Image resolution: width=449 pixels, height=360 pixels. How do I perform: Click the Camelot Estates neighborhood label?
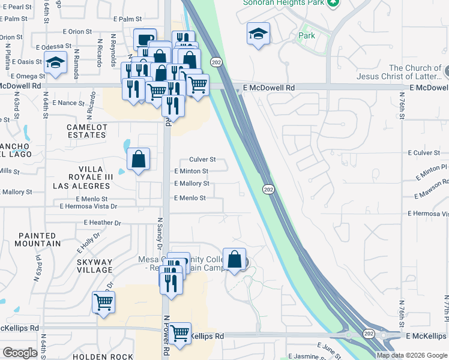click(86, 131)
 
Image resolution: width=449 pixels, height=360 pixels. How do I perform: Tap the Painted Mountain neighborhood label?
click(39, 240)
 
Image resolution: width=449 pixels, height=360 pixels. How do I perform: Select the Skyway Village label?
click(94, 266)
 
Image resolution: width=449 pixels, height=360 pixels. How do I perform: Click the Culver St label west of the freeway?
click(202, 160)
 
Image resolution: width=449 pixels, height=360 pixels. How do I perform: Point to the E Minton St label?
click(191, 172)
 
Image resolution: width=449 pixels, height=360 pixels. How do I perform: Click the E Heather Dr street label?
click(102, 223)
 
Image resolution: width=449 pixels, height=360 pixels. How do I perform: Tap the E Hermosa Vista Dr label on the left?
click(88, 206)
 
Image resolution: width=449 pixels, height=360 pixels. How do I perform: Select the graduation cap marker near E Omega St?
click(55, 62)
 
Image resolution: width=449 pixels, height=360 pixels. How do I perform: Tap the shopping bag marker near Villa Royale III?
click(138, 160)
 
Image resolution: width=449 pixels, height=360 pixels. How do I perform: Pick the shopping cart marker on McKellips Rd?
click(179, 333)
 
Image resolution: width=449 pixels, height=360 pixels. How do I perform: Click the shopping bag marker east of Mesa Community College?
click(235, 260)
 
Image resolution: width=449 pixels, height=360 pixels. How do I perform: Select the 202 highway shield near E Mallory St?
click(268, 190)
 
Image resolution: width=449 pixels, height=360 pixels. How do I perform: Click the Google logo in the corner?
click(20, 353)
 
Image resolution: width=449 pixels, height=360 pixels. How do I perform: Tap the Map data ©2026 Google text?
click(411, 355)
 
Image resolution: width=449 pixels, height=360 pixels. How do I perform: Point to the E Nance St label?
click(68, 103)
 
